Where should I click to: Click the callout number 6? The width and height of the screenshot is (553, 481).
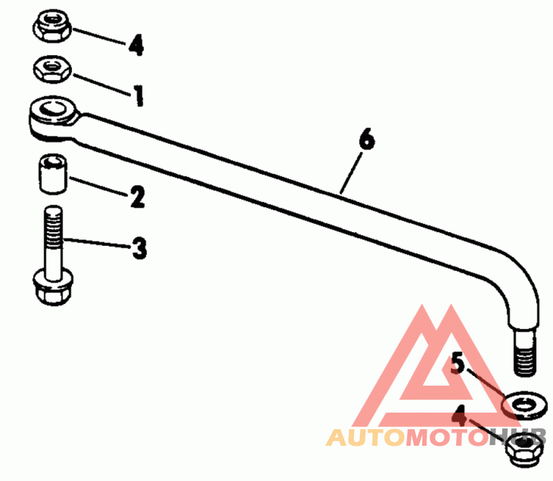(x=367, y=140)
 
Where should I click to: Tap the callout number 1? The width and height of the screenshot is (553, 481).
(x=138, y=95)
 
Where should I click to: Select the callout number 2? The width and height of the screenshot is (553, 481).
(x=137, y=198)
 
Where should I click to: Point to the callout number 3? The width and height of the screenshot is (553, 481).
(x=140, y=247)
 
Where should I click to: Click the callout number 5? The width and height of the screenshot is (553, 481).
(x=458, y=363)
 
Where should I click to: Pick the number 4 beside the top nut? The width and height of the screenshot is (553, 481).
(x=135, y=46)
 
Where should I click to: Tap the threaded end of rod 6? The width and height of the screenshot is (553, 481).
(x=523, y=353)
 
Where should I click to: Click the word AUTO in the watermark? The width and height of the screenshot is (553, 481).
(x=364, y=437)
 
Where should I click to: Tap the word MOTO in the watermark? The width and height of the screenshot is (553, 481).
(x=442, y=437)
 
